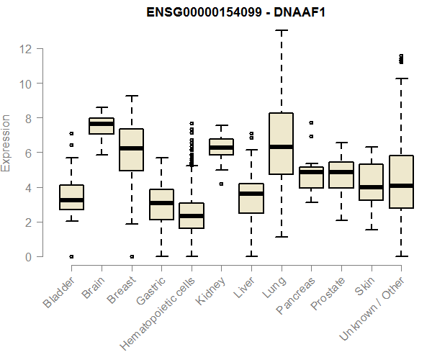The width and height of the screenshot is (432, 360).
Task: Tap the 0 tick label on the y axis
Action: pyautogui.click(x=29, y=257)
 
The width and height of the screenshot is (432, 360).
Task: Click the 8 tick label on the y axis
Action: pyautogui.click(x=29, y=118)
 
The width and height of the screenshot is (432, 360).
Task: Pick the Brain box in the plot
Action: pyautogui.click(x=102, y=126)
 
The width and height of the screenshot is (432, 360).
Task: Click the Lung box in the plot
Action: pyautogui.click(x=281, y=143)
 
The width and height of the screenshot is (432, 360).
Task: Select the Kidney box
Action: pyautogui.click(x=221, y=147)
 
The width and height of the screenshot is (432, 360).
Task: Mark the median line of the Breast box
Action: pyautogui.click(x=131, y=148)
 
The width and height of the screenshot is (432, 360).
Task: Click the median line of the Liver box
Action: pyautogui.click(x=251, y=194)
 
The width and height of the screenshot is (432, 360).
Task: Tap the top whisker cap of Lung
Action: pyautogui.click(x=281, y=31)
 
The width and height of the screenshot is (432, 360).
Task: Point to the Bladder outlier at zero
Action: pyautogui.click(x=71, y=256)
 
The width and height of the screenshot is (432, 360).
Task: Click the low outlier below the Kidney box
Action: pyautogui.click(x=221, y=184)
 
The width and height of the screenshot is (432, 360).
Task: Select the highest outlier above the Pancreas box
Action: pyautogui.click(x=311, y=123)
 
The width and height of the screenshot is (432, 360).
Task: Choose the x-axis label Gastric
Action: pyautogui.click(x=152, y=290)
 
